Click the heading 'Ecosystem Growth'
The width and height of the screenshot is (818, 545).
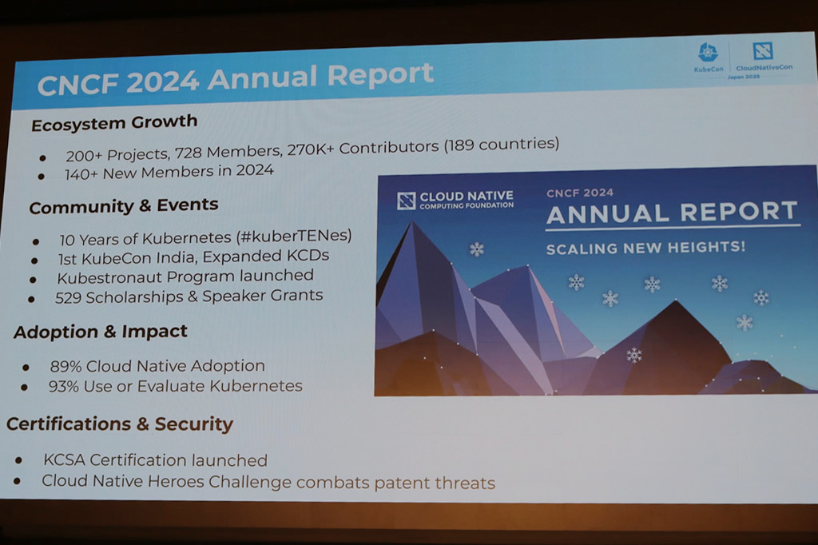point(114,123)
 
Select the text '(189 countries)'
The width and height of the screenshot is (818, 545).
point(502,144)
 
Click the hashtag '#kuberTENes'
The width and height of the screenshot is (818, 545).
point(294,236)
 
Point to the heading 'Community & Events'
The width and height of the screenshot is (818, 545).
point(124,205)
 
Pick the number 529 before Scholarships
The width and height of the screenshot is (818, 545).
point(69,297)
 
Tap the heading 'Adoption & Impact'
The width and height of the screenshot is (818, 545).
point(100,332)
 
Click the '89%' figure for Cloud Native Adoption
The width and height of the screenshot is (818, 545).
point(66,366)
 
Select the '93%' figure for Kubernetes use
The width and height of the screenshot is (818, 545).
point(64,386)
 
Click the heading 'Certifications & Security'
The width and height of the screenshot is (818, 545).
point(120,424)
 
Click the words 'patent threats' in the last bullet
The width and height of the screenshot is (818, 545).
point(435,483)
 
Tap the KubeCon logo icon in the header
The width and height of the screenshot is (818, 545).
point(708,53)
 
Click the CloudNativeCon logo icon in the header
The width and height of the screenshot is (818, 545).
point(762,51)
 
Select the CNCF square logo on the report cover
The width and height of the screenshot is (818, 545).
point(406,201)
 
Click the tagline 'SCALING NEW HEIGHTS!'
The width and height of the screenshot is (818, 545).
point(645,248)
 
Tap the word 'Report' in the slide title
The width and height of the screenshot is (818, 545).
point(380,74)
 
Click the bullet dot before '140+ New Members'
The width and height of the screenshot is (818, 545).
point(42,177)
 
